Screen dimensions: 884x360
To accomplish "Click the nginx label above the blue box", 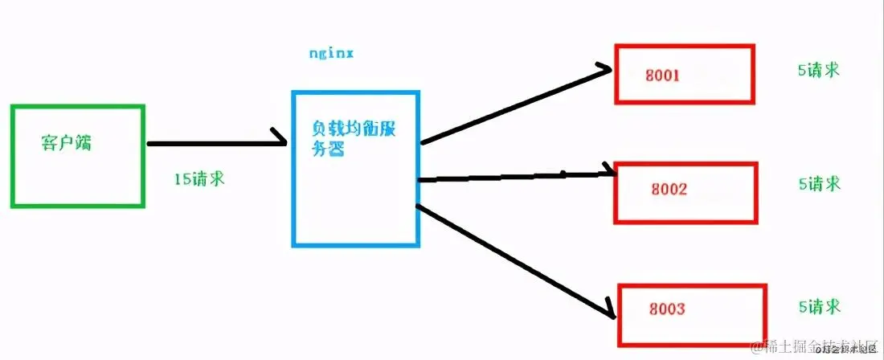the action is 331,54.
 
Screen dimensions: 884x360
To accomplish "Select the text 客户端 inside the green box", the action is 66,143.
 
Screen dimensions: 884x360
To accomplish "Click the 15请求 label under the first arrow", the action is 198,178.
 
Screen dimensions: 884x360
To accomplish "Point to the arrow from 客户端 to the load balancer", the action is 217,144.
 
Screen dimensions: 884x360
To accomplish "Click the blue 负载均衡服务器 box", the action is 354,201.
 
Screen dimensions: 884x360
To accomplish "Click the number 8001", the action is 663,76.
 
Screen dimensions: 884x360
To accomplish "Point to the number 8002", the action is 669,191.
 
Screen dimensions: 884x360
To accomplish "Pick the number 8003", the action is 666,309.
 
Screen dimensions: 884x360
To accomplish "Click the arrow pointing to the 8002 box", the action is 514,176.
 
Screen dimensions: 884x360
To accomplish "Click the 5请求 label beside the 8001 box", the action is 818,70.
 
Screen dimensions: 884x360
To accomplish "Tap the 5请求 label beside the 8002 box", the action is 818,184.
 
